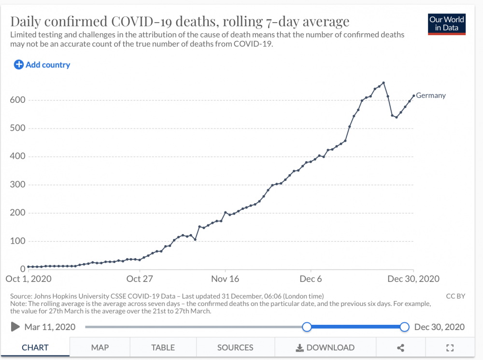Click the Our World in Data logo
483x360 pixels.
pos(447,24)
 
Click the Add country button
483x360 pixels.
pos(42,65)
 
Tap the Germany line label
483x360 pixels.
pos(431,96)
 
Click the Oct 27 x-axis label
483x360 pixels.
pos(140,279)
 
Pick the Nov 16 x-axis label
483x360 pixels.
pos(226,279)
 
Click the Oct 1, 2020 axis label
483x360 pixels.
pos(28,279)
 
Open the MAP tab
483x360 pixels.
pos(100,347)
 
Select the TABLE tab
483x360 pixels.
pos(163,347)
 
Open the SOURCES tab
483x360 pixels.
pos(235,347)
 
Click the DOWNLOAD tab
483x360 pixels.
pos(325,347)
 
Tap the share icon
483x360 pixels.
pos(400,347)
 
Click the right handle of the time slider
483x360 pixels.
pos(405,327)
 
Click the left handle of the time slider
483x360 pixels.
pos(307,327)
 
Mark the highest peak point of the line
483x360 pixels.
pos(384,83)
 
